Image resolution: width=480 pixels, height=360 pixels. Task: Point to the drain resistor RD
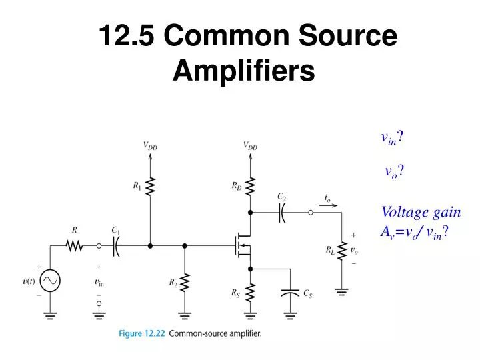point(250,187)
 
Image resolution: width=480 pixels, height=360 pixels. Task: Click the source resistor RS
point(250,291)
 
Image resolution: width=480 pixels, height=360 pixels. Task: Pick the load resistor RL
point(341,251)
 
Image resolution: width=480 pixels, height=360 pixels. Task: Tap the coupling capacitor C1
point(115,246)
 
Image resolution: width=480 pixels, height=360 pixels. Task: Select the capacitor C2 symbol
point(281,213)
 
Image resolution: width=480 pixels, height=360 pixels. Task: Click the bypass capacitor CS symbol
point(291,293)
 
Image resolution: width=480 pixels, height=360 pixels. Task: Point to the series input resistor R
point(74,246)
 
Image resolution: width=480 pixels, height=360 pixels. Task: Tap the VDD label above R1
point(150,145)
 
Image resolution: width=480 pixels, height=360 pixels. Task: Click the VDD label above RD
point(250,145)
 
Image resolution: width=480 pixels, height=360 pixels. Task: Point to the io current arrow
point(327,205)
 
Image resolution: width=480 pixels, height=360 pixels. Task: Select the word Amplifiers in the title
point(243,69)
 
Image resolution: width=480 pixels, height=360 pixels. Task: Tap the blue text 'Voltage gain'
point(421,212)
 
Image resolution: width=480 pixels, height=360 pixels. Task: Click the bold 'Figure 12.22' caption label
point(143,333)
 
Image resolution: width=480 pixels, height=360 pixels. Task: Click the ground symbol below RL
point(341,291)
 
